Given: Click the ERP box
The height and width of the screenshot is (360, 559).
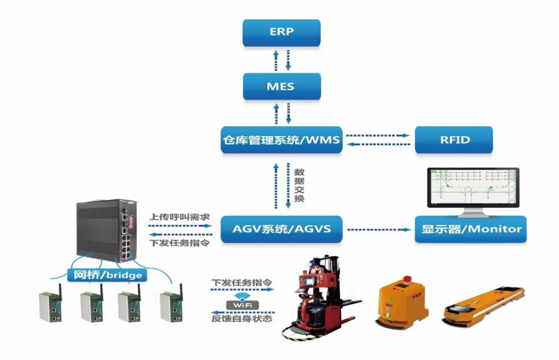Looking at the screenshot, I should click(x=282, y=32).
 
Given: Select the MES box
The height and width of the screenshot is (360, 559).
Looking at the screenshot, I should click(x=282, y=86).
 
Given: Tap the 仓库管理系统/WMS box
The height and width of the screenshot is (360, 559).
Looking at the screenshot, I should click(x=282, y=140).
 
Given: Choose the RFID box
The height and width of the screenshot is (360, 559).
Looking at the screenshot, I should click(x=453, y=140).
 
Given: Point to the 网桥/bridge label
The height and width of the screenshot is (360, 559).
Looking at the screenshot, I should click(x=108, y=275).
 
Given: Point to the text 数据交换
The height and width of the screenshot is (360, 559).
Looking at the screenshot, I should click(x=299, y=184).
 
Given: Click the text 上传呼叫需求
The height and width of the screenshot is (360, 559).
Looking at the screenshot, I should click(x=179, y=217).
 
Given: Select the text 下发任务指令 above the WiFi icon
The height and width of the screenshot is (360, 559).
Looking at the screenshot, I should click(x=242, y=283).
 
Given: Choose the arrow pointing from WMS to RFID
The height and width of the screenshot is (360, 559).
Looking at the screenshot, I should click(x=378, y=136).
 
